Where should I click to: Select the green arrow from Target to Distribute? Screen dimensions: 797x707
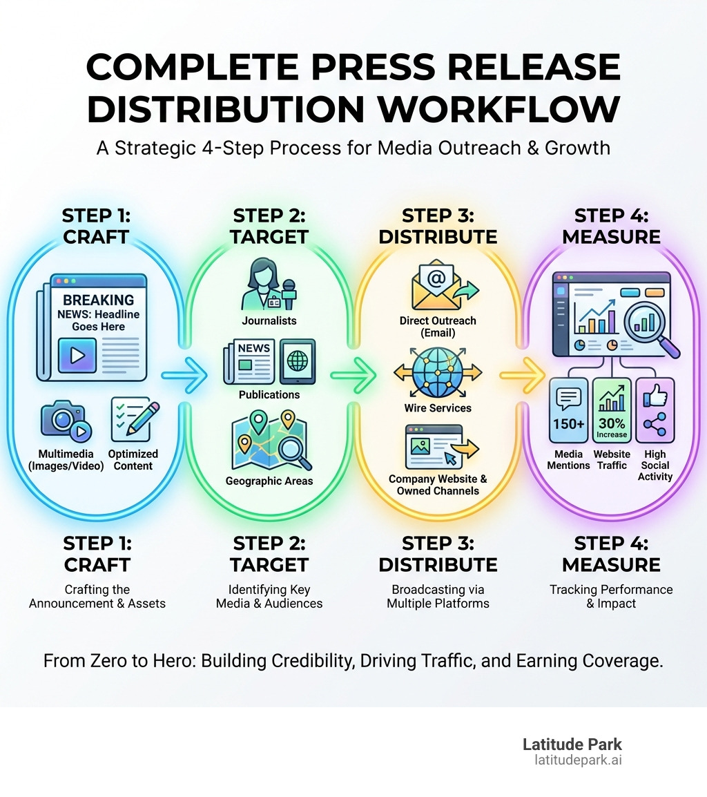pos(353,376)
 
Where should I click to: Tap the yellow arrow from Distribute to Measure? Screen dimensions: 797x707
pos(522,376)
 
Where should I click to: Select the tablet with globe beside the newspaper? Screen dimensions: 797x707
pos(298,361)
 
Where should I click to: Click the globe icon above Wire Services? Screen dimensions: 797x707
pos(437,372)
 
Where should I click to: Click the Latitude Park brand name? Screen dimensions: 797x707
pos(572,745)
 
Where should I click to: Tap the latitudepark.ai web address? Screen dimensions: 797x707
pos(578,760)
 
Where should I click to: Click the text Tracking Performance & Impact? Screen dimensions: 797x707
pos(611,596)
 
